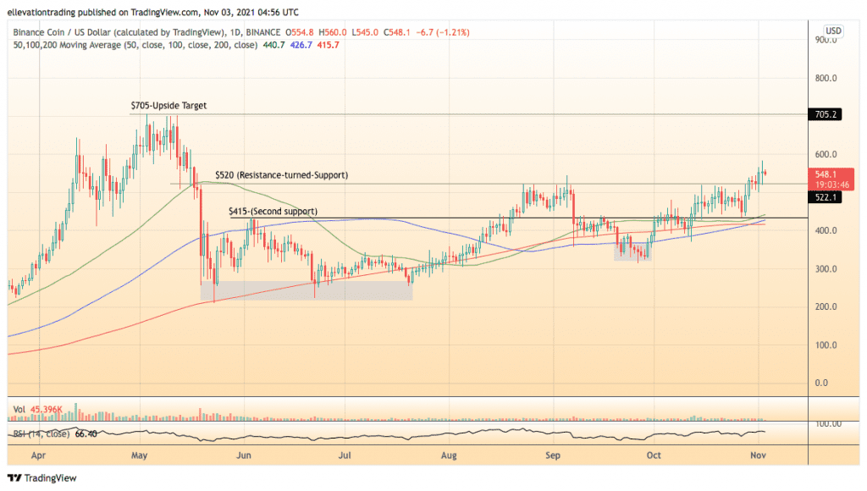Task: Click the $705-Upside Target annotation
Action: coord(168,106)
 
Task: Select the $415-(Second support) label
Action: coord(273,211)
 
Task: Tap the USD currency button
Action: coord(833,30)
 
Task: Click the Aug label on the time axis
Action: coord(450,455)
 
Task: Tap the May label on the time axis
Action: coord(141,455)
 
